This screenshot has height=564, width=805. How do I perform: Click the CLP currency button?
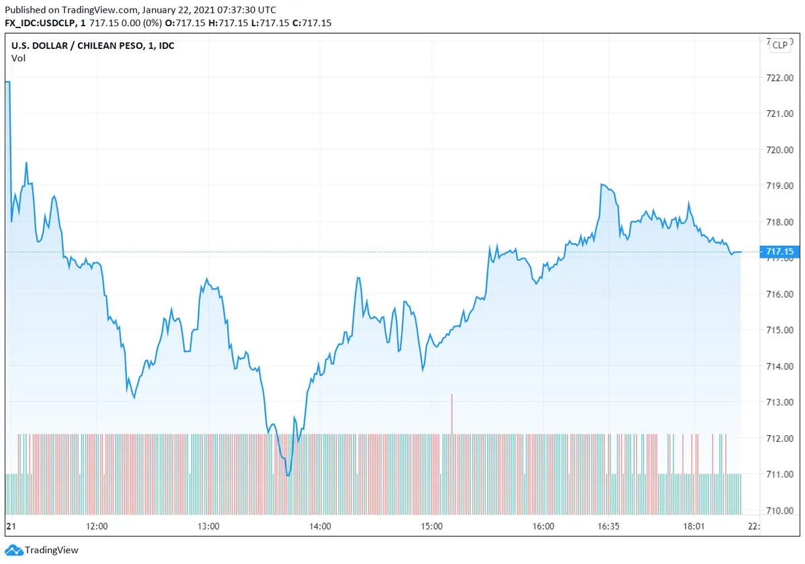(780, 45)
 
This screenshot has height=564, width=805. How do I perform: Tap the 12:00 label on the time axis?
(97, 526)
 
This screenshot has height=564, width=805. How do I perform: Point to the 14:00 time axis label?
(319, 526)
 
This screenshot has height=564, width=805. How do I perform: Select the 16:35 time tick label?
(608, 526)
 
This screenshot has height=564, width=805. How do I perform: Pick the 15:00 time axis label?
(431, 526)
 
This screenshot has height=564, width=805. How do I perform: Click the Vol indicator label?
(18, 58)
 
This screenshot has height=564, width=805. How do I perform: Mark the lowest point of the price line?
(288, 475)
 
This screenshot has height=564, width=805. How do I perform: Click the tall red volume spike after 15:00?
(452, 413)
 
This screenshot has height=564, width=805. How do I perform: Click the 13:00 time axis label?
(209, 526)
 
